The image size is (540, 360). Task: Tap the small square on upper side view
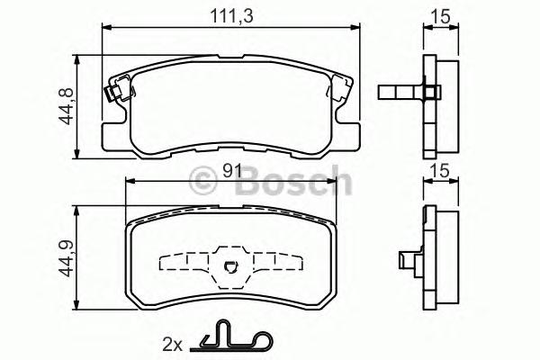tap(429, 91)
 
